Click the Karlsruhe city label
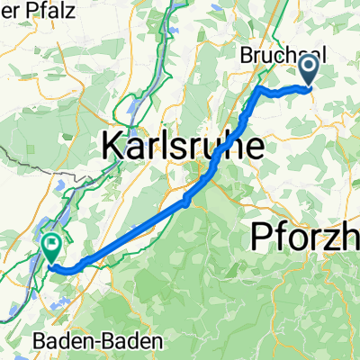coord(184,145)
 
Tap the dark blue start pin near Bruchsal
coord(308,70)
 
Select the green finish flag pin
coord(50,245)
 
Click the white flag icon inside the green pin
coord(50,240)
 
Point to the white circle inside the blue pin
coord(308,65)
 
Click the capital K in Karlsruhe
coord(115,145)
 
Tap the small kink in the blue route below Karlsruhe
coord(186,200)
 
